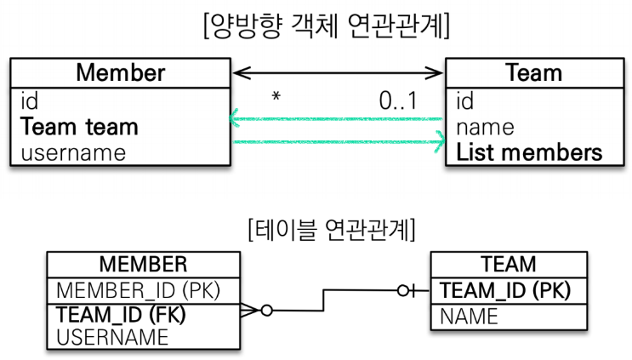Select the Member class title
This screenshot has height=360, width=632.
(120, 71)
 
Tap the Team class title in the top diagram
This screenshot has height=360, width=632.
(532, 72)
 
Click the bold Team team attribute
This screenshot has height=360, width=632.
(78, 127)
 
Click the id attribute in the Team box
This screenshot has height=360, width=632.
(464, 101)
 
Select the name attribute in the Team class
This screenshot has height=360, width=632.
(485, 127)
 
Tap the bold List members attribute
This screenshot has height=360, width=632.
(529, 152)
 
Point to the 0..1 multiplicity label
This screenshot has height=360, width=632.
(397, 100)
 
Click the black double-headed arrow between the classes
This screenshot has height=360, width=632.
(338, 73)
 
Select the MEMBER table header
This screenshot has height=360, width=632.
(143, 264)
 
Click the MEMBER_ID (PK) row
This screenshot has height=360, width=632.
(138, 289)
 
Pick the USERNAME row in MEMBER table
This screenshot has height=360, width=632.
(112, 336)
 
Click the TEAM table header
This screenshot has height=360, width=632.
(508, 264)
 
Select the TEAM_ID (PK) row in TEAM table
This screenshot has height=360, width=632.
(504, 290)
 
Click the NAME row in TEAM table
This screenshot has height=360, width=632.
(469, 317)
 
